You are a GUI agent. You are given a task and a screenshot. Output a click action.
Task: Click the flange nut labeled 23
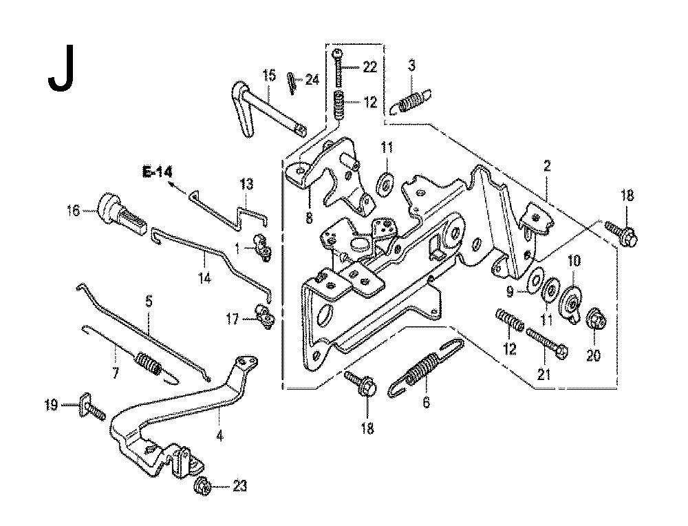pos(204,487)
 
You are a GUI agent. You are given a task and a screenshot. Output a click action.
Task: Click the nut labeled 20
pos(594,319)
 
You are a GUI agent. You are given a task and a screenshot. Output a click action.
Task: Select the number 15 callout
pos(268,74)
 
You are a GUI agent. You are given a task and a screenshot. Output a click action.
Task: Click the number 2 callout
pos(547,165)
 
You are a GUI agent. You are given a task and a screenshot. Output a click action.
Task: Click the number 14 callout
pos(205,262)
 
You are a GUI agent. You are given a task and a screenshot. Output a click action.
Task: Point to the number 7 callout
pos(115,373)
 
